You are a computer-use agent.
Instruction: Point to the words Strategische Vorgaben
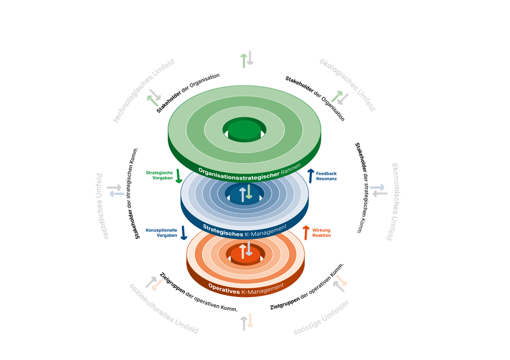pyautogui.click(x=159, y=176)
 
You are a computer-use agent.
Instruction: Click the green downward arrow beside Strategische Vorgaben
pyautogui.click(x=179, y=175)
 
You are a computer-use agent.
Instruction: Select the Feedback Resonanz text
pyautogui.click(x=326, y=176)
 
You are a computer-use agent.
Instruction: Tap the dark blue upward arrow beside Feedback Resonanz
pyautogui.click(x=311, y=175)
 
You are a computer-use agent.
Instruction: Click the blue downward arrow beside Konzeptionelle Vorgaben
pyautogui.click(x=184, y=232)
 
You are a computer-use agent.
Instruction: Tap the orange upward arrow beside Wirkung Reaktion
pyautogui.click(x=306, y=232)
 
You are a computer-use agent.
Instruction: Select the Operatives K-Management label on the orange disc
pyautogui.click(x=245, y=289)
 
